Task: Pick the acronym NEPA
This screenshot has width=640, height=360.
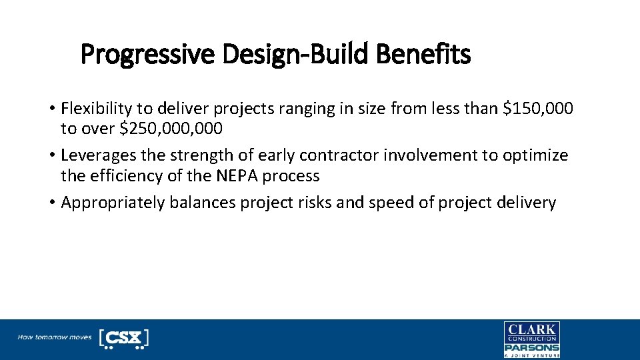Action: pyautogui.click(x=234, y=176)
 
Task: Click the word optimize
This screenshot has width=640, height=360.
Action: pyautogui.click(x=535, y=155)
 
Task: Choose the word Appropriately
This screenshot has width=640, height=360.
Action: pyautogui.click(x=112, y=203)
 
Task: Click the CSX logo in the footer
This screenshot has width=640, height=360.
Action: pyautogui.click(x=123, y=338)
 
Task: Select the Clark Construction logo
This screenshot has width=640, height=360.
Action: pyautogui.click(x=531, y=333)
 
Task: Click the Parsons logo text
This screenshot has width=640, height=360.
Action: pyautogui.click(x=531, y=347)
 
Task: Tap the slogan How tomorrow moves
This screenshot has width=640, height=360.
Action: pyautogui.click(x=54, y=337)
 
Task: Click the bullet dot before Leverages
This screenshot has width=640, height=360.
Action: pyautogui.click(x=51, y=156)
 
